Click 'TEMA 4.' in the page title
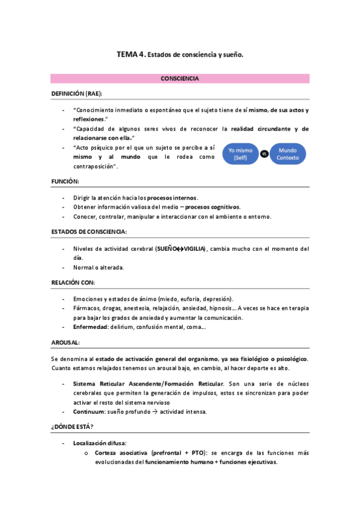point(130,54)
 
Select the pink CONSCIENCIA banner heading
point(180,79)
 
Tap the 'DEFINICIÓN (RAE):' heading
point(76,94)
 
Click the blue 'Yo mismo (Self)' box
point(240,153)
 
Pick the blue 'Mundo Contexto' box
point(287,153)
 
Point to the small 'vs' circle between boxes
point(264,154)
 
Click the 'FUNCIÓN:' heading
point(65,181)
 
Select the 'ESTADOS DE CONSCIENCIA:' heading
point(88,232)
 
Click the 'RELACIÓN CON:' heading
point(73,283)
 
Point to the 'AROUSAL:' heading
point(66,342)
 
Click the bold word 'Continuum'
point(89,411)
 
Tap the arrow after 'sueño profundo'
point(153,411)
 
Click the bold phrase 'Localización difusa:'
point(100,443)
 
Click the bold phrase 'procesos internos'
point(172,197)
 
